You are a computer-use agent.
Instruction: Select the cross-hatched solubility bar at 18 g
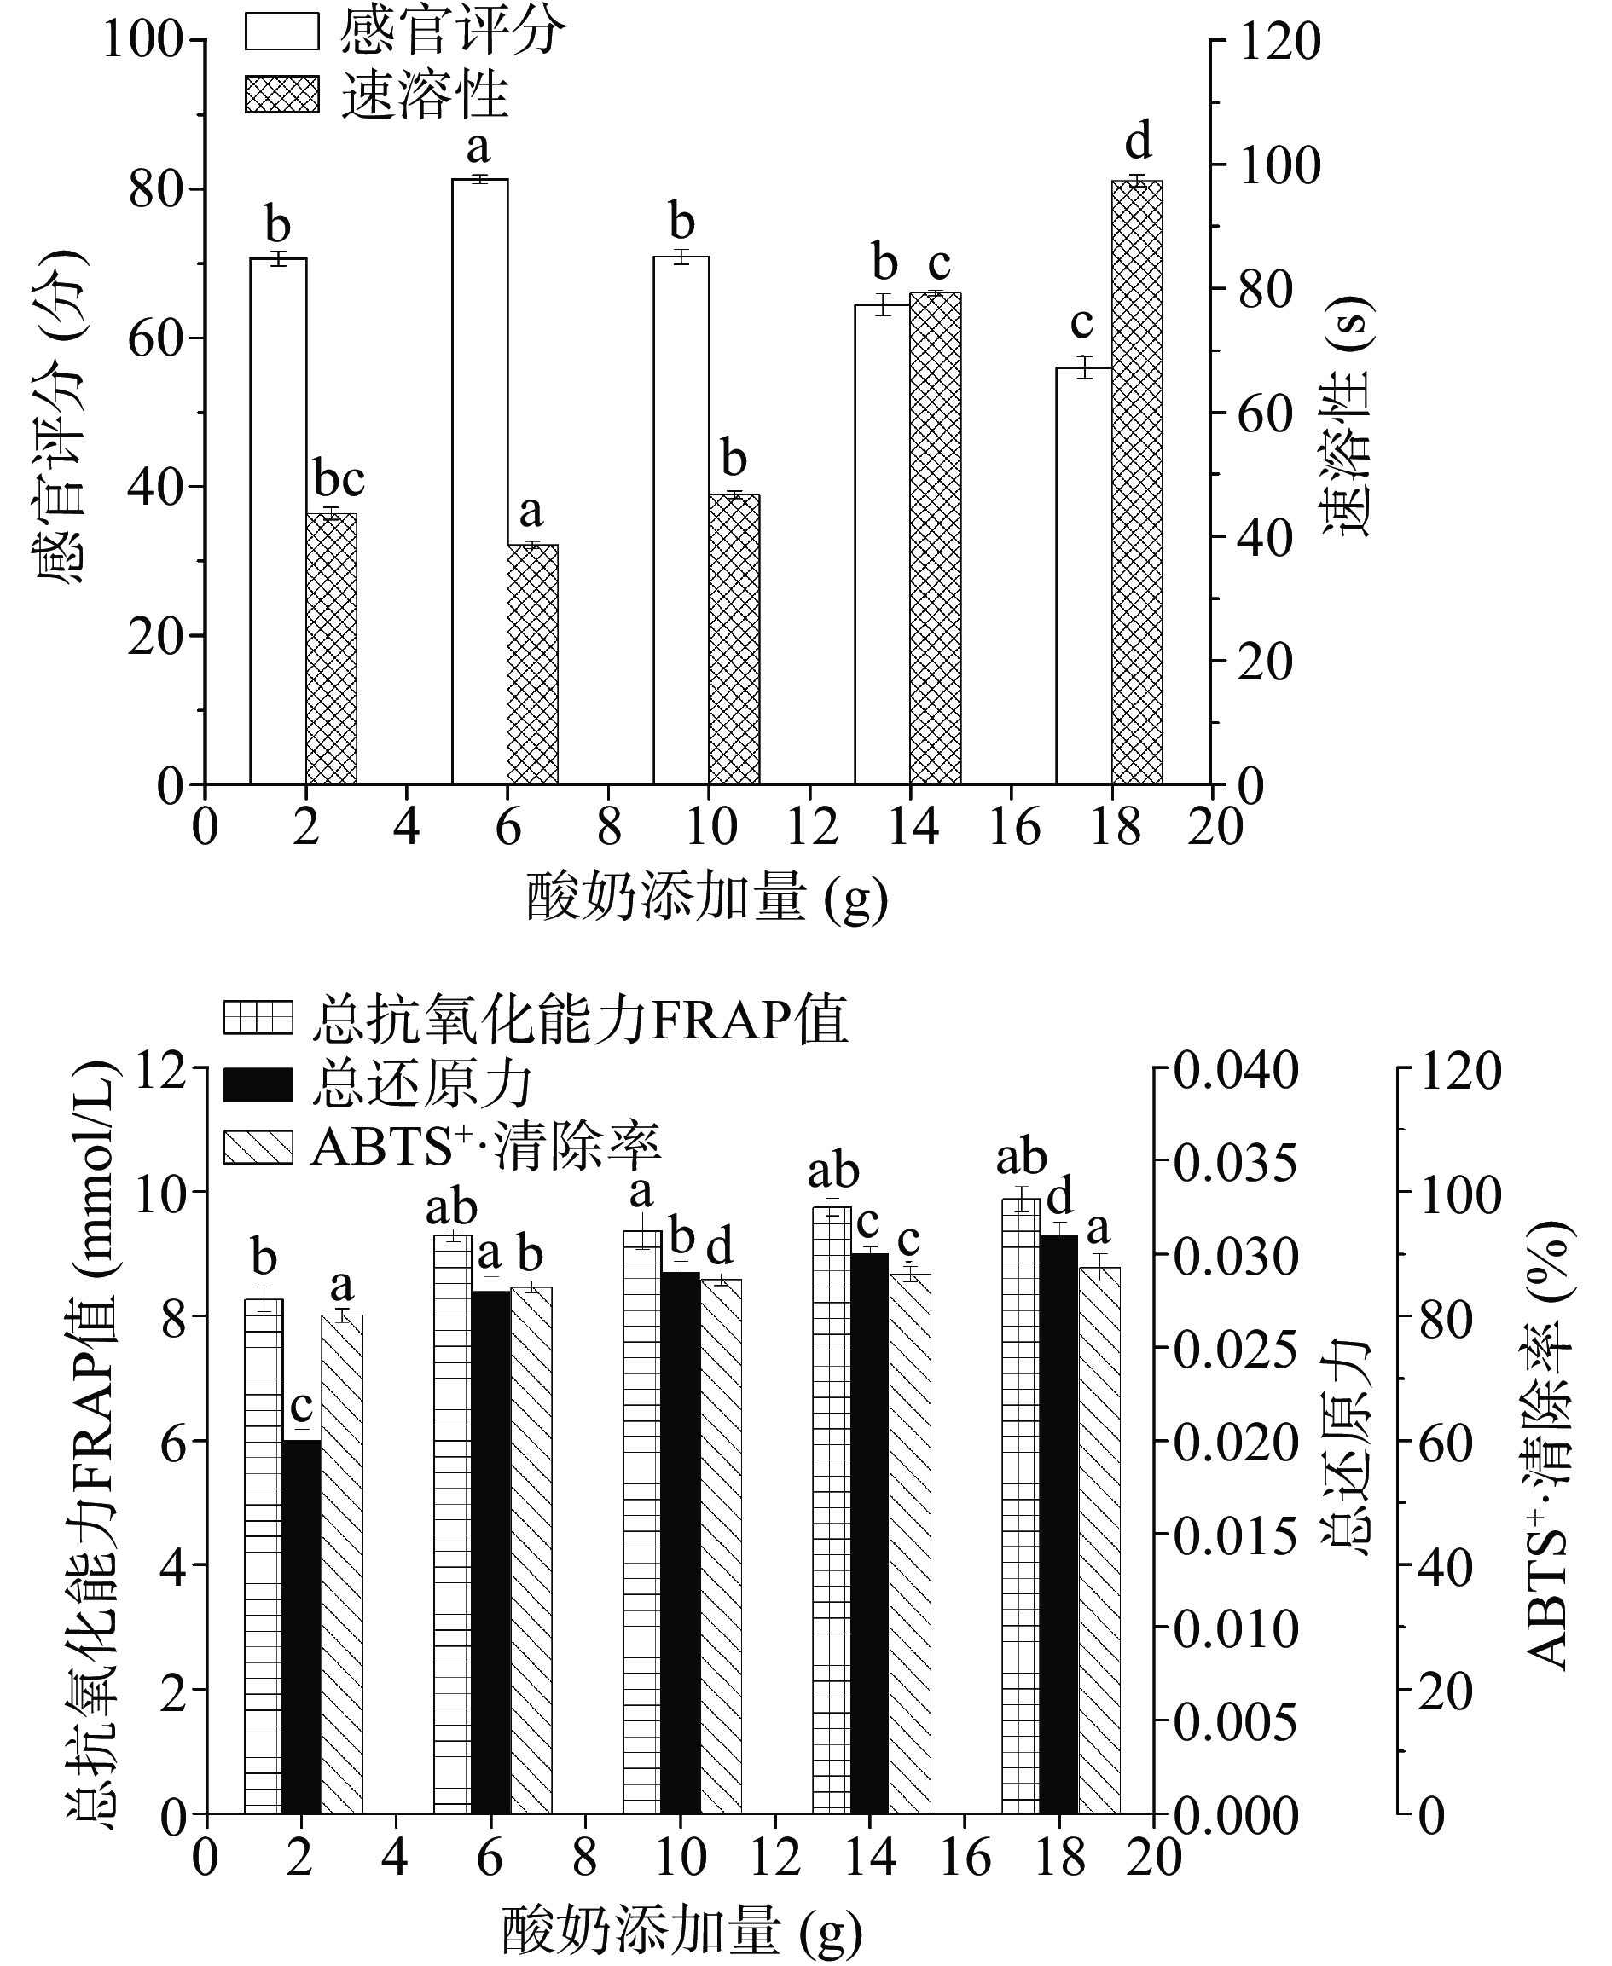[1137, 482]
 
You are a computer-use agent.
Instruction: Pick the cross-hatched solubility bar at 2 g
[332, 649]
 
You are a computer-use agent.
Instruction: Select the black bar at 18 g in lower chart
[1058, 1524]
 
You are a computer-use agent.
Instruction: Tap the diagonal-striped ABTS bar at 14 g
[910, 1541]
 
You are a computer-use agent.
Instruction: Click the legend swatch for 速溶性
[282, 95]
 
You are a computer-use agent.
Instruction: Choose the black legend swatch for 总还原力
[258, 1084]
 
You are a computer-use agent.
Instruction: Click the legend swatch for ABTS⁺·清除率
[258, 1148]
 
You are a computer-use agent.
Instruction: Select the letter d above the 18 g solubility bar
[1138, 143]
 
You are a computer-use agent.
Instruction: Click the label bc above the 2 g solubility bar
[339, 480]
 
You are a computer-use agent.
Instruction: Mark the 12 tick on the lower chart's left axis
[164, 1069]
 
